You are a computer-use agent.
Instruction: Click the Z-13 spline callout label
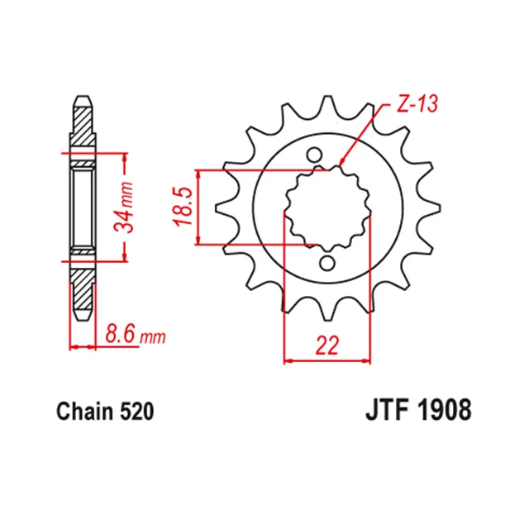tap(417, 103)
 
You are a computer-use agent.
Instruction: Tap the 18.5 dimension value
tap(183, 207)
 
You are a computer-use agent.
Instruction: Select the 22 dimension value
tap(327, 346)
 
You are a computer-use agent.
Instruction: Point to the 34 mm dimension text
tap(123, 207)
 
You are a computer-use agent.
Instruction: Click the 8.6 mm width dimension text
tap(136, 334)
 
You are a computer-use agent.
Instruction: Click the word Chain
tap(84, 412)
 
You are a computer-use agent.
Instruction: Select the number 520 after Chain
tap(136, 412)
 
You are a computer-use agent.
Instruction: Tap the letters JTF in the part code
tap(388, 410)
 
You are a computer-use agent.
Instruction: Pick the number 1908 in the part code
tap(445, 410)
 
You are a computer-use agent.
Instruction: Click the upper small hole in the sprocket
tap(314, 155)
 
